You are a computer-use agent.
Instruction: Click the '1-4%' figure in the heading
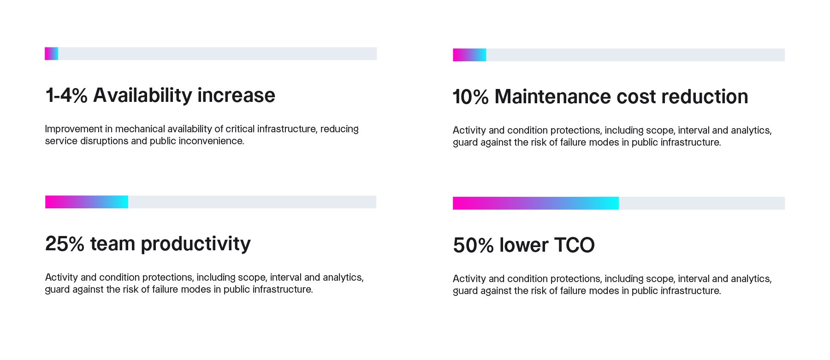point(66,95)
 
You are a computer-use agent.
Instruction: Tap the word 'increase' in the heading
point(236,95)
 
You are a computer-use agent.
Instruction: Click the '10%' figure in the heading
point(470,97)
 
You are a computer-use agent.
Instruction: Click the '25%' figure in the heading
point(65,244)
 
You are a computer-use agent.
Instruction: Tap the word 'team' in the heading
point(113,244)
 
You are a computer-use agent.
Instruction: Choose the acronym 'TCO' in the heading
point(574,245)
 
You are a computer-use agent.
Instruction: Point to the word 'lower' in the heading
point(524,245)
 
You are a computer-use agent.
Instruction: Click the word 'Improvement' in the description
point(67,129)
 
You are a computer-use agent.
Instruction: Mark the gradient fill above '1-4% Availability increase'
point(51,53)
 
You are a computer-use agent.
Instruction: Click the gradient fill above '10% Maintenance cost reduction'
point(469,55)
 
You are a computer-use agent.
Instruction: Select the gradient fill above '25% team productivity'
point(87,202)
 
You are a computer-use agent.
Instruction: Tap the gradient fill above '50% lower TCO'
point(535,203)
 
